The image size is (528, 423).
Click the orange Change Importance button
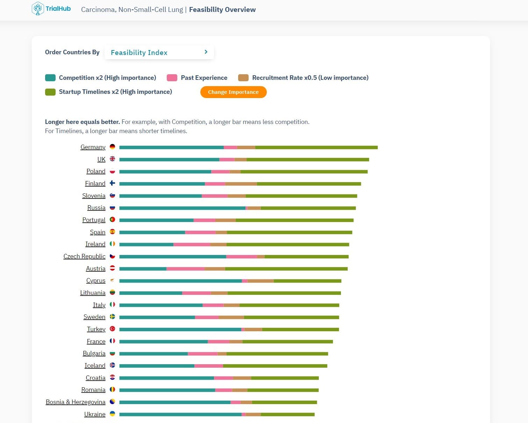(x=233, y=92)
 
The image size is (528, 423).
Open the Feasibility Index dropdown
(x=159, y=53)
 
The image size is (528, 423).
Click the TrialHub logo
(x=51, y=9)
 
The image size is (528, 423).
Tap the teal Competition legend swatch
(x=50, y=78)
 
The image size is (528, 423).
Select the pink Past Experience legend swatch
(x=172, y=78)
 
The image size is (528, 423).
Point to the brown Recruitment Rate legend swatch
(x=243, y=78)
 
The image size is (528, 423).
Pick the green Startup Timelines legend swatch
(x=50, y=92)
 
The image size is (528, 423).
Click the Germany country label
(x=93, y=147)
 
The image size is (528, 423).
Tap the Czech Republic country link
(x=84, y=256)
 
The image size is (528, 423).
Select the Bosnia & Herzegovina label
(x=76, y=402)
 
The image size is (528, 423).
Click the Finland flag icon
(x=112, y=183)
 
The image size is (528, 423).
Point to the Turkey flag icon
(x=112, y=329)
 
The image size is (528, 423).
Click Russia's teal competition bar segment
(x=182, y=208)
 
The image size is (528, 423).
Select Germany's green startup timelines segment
(x=316, y=147)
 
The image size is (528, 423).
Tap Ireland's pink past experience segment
(x=192, y=244)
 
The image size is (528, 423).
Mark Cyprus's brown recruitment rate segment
(x=261, y=281)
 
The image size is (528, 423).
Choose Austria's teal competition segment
(x=143, y=269)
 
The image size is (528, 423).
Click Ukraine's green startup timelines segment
(x=287, y=415)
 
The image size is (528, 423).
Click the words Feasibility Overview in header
(x=222, y=9)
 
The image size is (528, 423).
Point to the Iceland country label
(x=95, y=366)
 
